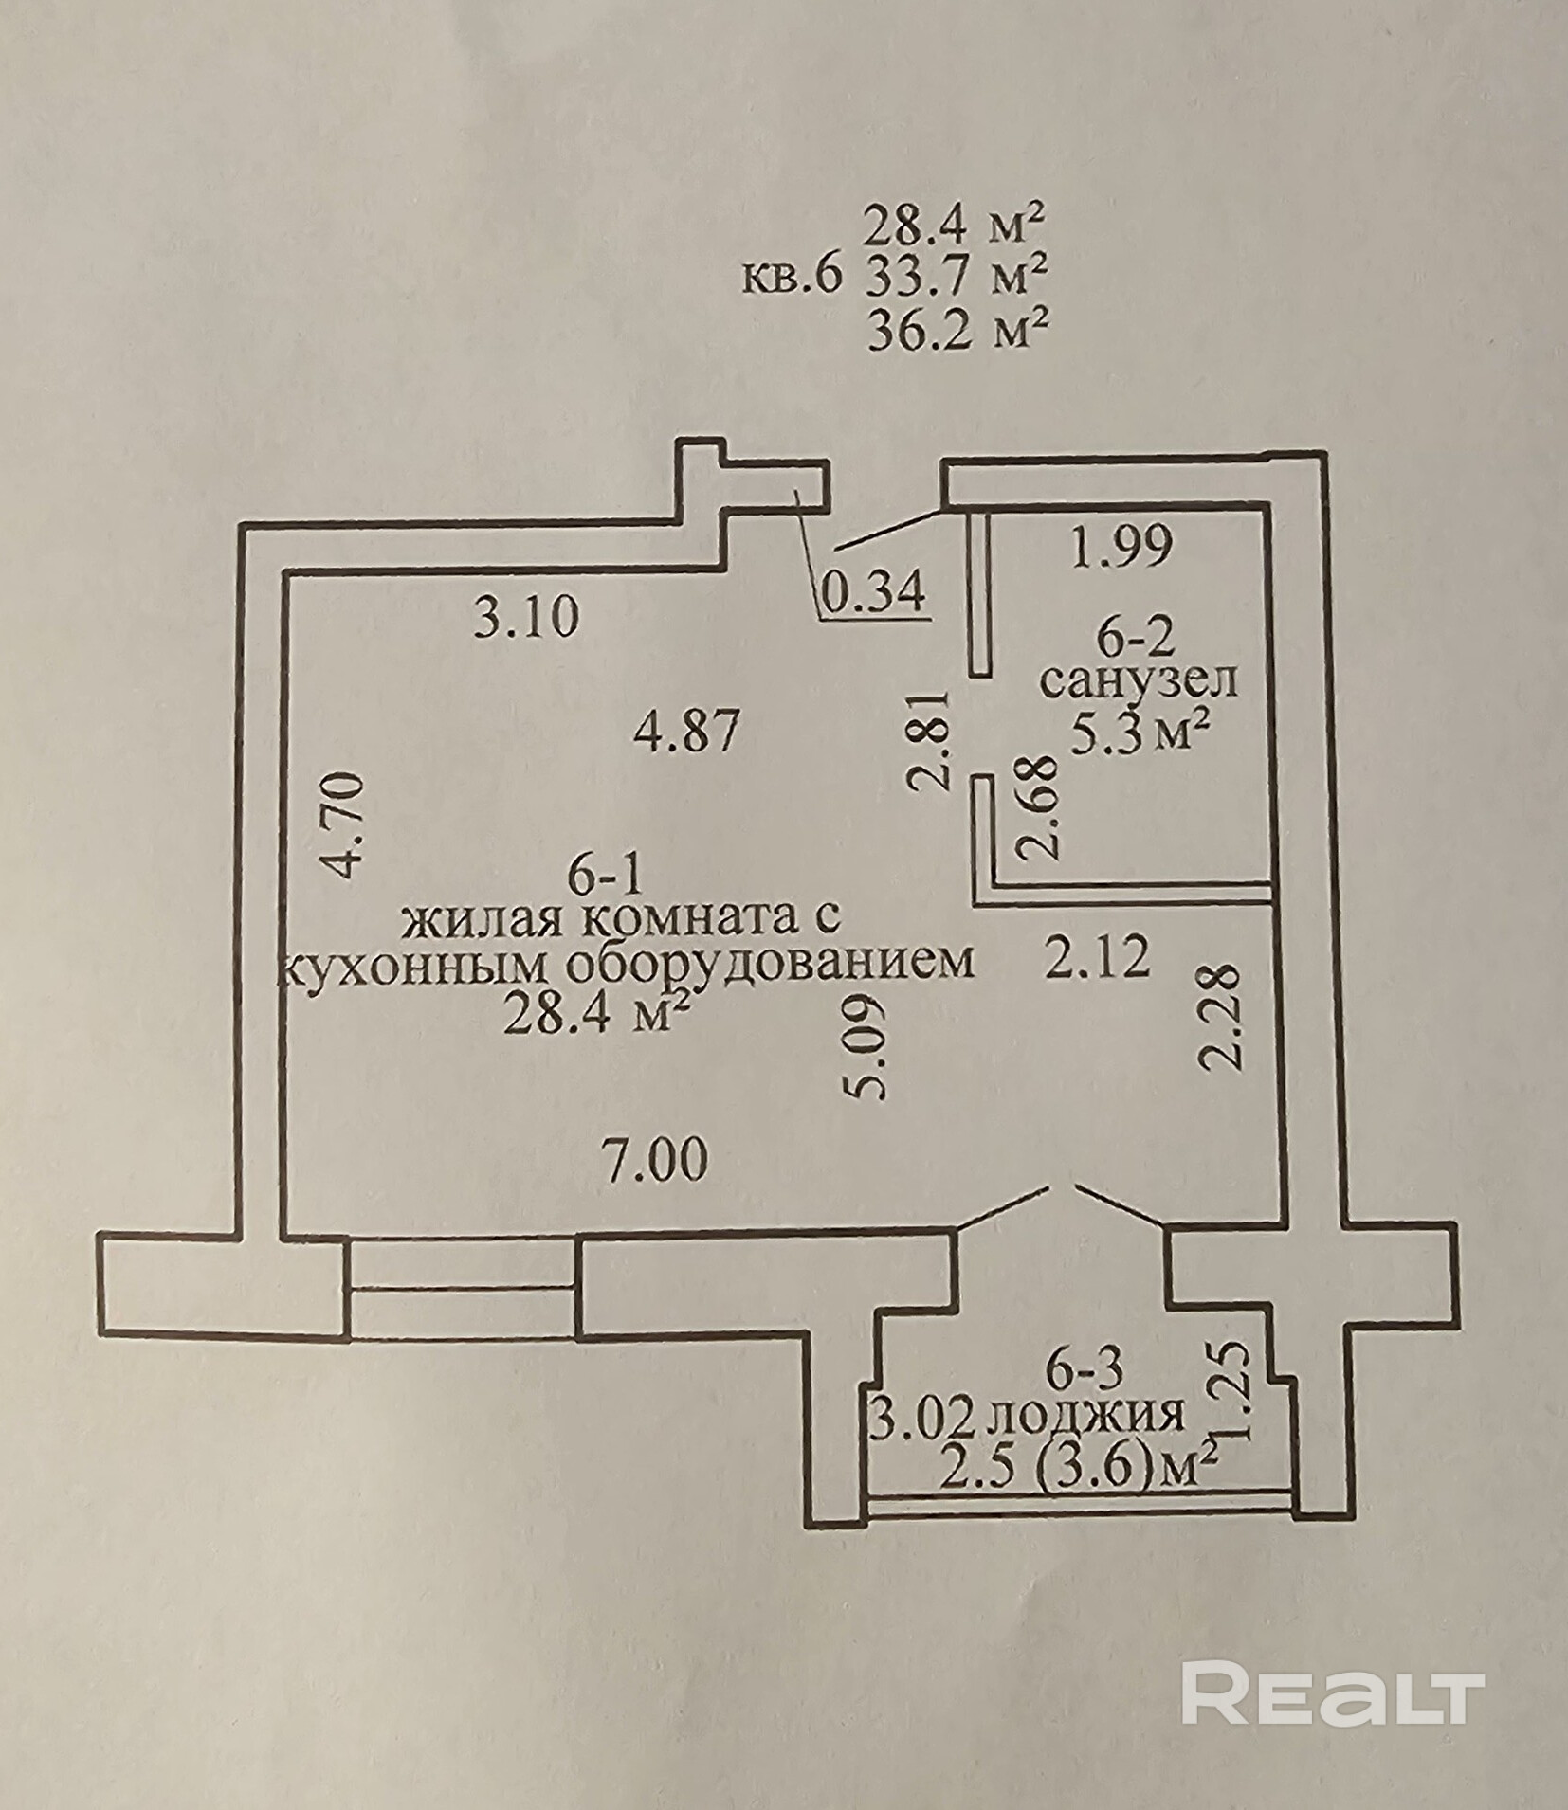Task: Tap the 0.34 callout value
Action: coord(873,593)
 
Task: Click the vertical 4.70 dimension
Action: coord(341,825)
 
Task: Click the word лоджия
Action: coord(1086,1416)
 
